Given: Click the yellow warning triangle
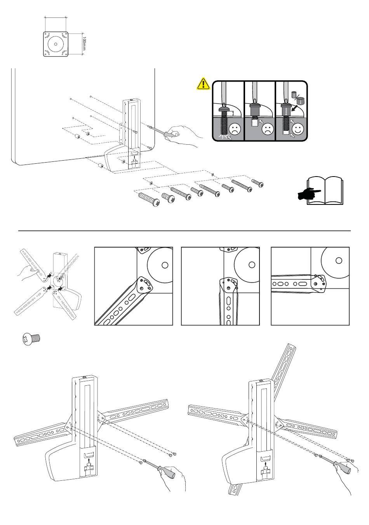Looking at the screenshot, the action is pyautogui.click(x=203, y=84).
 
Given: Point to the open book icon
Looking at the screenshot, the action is pyautogui.click(x=325, y=191).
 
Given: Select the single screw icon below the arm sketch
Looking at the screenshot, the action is pyautogui.click(x=31, y=339).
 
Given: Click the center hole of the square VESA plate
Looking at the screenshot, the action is pyautogui.click(x=56, y=44).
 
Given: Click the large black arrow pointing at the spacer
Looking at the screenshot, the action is pyautogui.click(x=294, y=109).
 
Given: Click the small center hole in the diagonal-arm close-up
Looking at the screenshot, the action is pyautogui.click(x=165, y=265).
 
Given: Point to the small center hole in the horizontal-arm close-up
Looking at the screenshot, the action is pyautogui.click(x=339, y=261).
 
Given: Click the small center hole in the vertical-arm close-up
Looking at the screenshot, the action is pyautogui.click(x=252, y=265).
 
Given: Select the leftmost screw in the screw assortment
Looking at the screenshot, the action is pyautogui.click(x=149, y=199).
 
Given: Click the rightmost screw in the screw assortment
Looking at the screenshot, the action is pyautogui.click(x=258, y=183).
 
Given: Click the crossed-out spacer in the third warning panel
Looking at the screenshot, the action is pyautogui.click(x=294, y=95).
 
